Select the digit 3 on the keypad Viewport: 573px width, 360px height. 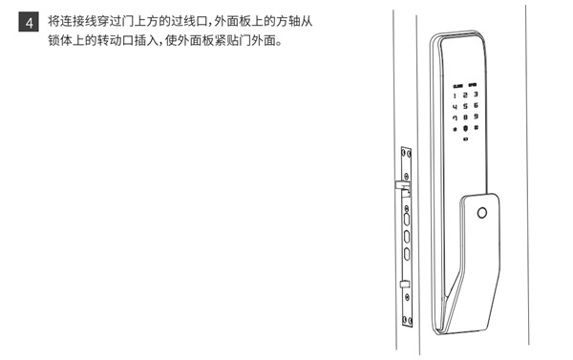click(476, 95)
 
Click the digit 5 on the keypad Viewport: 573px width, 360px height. click(465, 106)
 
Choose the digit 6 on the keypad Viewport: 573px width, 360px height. click(476, 106)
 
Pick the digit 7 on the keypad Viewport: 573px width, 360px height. click(455, 117)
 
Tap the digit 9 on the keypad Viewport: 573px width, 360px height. click(476, 117)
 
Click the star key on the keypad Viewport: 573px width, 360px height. click(455, 130)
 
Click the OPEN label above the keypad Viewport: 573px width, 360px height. click(472, 83)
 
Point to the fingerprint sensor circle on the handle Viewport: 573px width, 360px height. click(482, 211)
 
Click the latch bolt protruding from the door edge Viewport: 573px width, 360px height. click(396, 181)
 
